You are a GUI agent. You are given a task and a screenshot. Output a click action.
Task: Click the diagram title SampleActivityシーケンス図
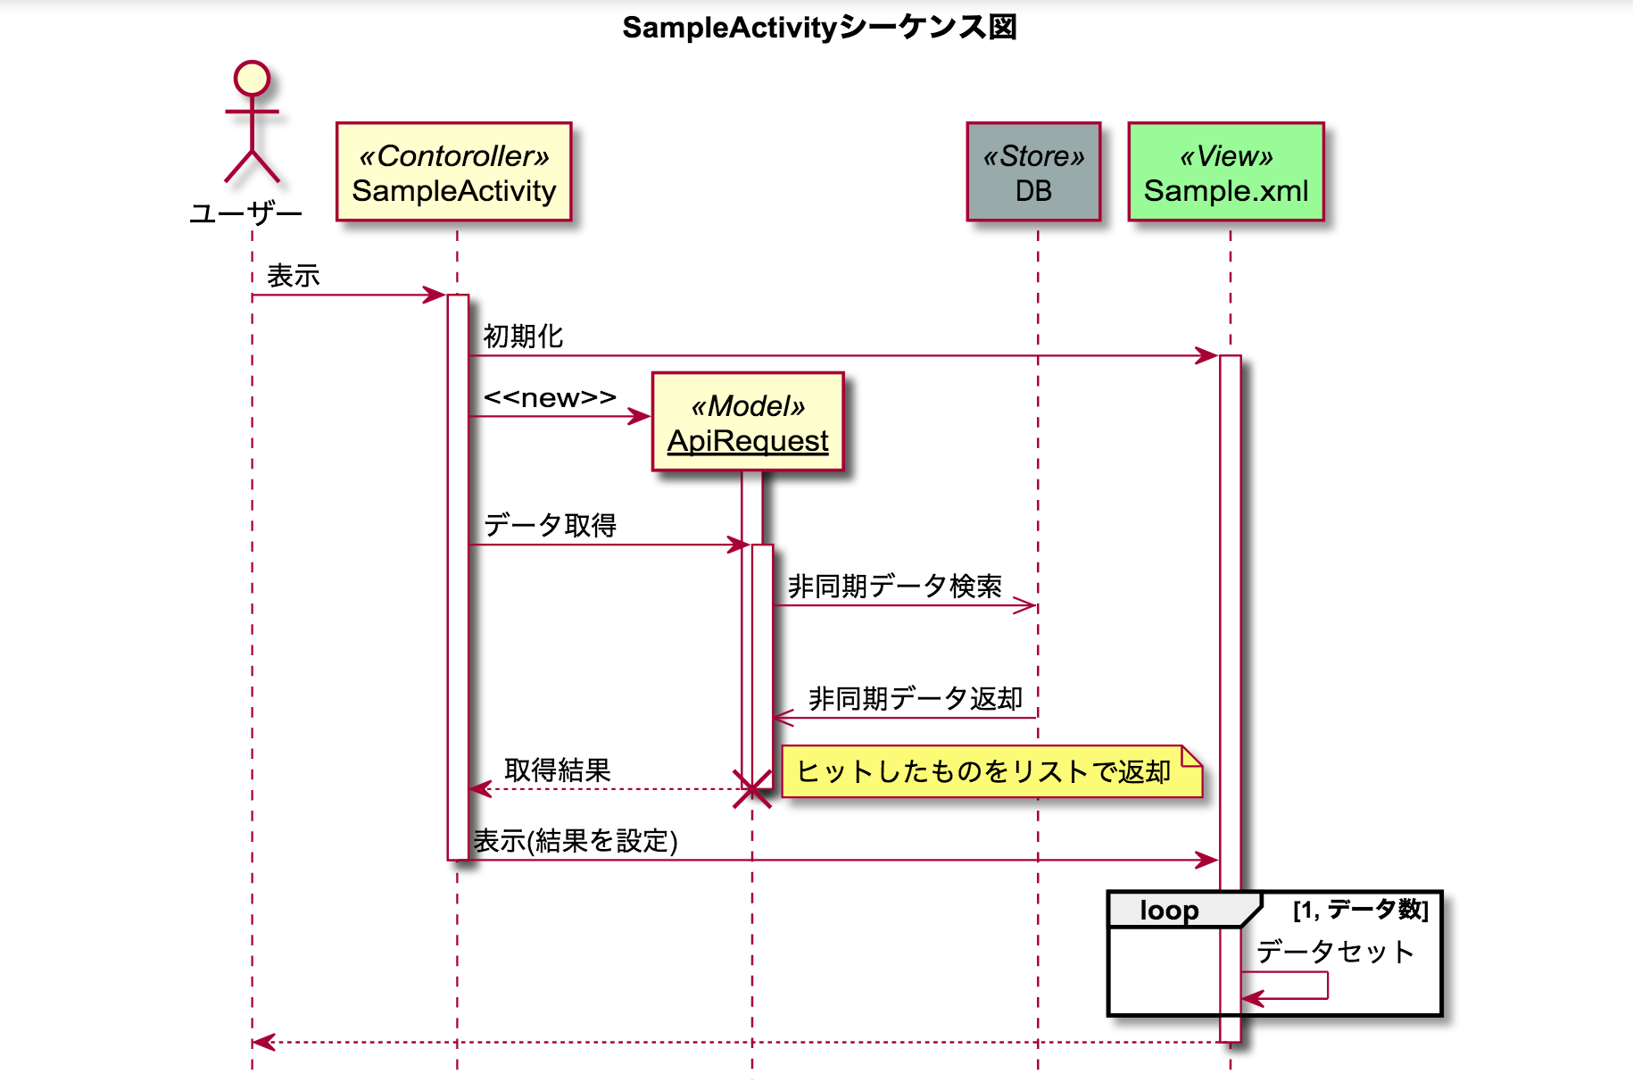point(819,27)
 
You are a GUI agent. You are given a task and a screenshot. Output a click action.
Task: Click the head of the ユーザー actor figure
point(252,78)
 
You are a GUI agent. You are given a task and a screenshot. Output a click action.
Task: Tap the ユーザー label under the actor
point(245,213)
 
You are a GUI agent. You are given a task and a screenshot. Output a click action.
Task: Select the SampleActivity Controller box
point(453,172)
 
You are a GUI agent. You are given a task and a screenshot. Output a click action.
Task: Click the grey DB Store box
point(1033,172)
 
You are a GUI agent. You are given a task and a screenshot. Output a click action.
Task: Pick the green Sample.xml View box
point(1226,172)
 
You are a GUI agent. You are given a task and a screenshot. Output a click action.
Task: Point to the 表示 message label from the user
point(293,276)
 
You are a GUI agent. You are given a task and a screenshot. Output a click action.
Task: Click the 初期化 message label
point(523,337)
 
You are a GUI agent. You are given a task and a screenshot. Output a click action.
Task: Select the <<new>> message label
point(550,397)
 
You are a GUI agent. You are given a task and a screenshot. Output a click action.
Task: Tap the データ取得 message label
point(550,525)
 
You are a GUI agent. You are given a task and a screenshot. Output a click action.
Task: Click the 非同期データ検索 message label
point(894,587)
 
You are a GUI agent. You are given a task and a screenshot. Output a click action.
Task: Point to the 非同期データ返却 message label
point(915,698)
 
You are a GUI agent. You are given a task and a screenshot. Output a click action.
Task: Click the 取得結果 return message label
point(557,770)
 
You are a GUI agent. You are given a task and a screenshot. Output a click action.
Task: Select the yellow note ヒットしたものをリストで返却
point(991,771)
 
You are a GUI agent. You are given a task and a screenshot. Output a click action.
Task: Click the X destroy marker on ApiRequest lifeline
point(751,789)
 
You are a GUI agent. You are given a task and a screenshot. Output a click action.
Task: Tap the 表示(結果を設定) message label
point(576,841)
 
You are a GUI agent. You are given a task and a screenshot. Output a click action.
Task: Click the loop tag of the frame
point(1169,910)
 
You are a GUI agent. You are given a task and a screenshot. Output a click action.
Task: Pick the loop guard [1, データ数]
point(1360,910)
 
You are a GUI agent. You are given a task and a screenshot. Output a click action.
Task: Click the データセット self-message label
point(1334,952)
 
